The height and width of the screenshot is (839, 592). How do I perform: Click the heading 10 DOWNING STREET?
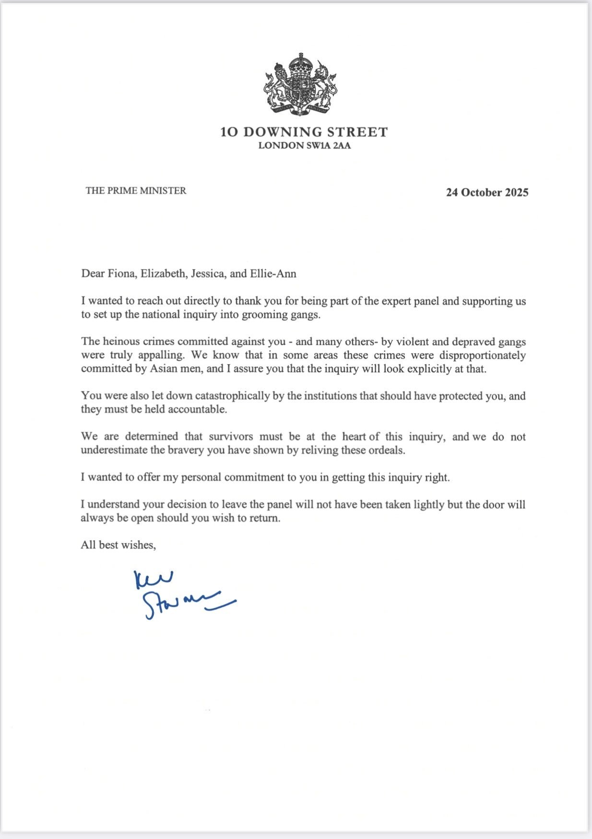(x=304, y=132)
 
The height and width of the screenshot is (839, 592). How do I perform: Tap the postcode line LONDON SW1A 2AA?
(x=304, y=146)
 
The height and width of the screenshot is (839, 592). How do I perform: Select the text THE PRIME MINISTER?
(x=136, y=190)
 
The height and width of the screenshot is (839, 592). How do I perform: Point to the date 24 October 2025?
(x=487, y=192)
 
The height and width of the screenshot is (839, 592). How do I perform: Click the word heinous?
(x=118, y=342)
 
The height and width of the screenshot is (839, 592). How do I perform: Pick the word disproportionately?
(x=483, y=355)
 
